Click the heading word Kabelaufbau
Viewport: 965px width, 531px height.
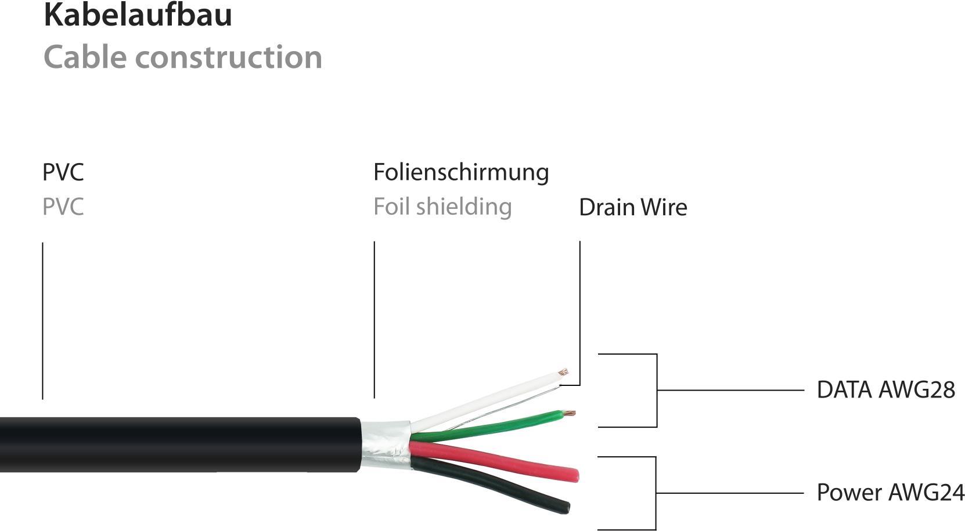point(138,15)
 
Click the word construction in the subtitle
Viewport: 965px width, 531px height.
point(229,57)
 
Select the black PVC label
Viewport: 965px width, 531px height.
point(63,172)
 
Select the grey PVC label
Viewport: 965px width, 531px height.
point(63,207)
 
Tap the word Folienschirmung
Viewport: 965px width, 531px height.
point(461,172)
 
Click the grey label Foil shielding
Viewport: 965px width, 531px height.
point(442,207)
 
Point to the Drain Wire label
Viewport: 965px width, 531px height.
point(633,208)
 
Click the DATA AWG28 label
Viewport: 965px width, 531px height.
point(885,390)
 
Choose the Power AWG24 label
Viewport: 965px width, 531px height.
point(890,493)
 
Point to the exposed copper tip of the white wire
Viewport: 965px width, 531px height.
point(562,371)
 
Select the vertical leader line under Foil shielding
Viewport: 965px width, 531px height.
point(375,319)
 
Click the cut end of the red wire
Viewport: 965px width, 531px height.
point(575,476)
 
